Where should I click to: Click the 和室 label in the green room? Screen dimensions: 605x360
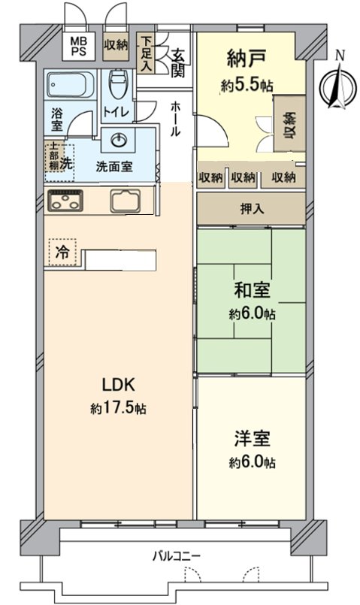pyautogui.click(x=252, y=289)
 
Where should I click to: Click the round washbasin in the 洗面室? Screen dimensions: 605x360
pyautogui.click(x=119, y=141)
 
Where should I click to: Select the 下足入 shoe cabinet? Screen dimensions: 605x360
pyautogui.click(x=147, y=53)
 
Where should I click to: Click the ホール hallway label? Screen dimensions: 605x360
pyautogui.click(x=174, y=119)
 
